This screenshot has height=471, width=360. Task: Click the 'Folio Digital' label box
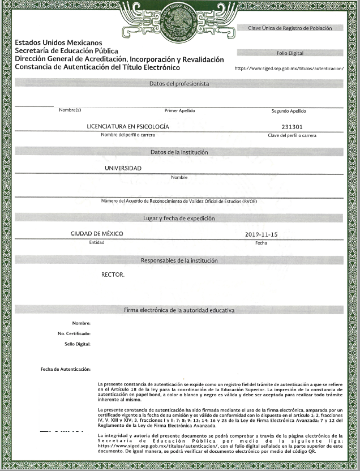click(x=290, y=53)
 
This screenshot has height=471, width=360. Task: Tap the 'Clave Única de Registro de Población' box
click(x=290, y=28)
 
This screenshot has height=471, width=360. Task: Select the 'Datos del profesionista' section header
click(x=179, y=84)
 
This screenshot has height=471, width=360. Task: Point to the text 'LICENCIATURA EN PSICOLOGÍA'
click(x=128, y=127)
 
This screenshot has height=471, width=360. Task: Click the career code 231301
click(x=292, y=127)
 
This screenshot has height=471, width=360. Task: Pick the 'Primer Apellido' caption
click(x=179, y=110)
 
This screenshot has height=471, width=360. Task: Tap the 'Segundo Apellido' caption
click(x=289, y=111)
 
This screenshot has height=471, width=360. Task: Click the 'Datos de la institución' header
click(x=179, y=152)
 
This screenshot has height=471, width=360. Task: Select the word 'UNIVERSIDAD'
click(x=123, y=168)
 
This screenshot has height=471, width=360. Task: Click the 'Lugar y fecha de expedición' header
click(x=179, y=219)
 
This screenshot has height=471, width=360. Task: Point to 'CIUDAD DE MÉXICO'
click(x=97, y=234)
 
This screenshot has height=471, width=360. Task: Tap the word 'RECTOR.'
click(x=113, y=275)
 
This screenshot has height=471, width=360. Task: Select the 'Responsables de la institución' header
click(x=179, y=260)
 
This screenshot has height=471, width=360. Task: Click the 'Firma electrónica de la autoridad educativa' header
click(x=179, y=310)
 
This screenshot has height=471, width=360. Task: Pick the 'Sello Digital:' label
click(x=78, y=344)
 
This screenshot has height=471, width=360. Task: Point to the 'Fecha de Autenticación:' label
click(x=66, y=369)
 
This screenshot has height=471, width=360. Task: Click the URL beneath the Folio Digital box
click(x=289, y=68)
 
